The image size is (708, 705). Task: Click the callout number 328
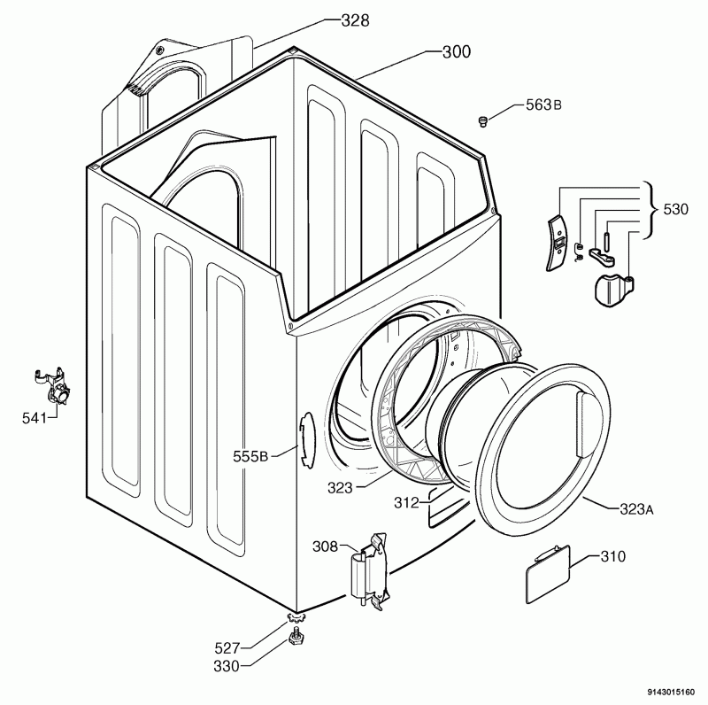[355, 20]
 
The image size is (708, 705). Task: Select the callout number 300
[456, 52]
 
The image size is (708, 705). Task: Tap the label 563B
[543, 105]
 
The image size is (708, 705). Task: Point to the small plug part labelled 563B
[483, 121]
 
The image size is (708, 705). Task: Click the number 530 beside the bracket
[675, 209]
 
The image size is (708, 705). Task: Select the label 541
[35, 418]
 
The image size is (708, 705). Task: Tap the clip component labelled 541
[52, 385]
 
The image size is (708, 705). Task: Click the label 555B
[250, 456]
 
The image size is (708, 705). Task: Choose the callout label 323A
[636, 510]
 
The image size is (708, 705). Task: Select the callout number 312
[406, 502]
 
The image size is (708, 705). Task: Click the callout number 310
[613, 556]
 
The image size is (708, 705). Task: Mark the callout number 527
[227, 648]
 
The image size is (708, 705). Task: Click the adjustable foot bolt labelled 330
[296, 636]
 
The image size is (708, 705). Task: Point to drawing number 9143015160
[671, 692]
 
